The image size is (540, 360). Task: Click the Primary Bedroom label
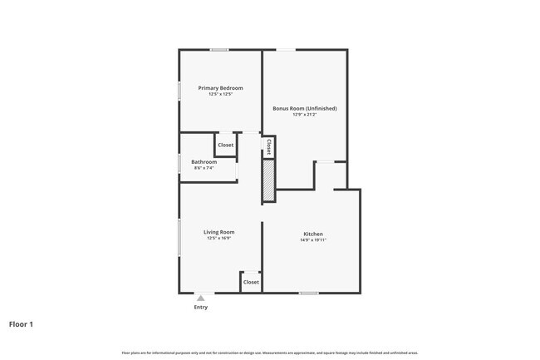[220, 88]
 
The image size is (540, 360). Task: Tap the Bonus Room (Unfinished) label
[305, 108]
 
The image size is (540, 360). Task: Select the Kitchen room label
[312, 234]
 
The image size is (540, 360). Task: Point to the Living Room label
[219, 232]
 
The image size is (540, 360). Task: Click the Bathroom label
[204, 161]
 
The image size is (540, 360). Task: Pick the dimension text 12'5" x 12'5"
[220, 95]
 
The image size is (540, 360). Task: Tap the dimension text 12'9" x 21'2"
[304, 115]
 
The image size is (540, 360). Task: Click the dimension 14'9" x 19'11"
[312, 240]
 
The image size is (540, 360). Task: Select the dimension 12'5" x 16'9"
[219, 239]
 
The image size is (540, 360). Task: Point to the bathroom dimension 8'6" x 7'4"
[204, 168]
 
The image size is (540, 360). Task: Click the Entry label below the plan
[200, 307]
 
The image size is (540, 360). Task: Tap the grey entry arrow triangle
[200, 298]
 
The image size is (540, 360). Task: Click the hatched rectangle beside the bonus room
[268, 180]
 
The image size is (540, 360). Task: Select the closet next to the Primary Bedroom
[226, 145]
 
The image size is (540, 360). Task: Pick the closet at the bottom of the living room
[251, 282]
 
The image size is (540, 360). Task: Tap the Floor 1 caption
[22, 323]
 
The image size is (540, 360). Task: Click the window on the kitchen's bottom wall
[309, 293]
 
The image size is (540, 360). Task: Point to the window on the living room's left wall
[179, 238]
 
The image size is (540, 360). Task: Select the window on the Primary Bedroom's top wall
[219, 50]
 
